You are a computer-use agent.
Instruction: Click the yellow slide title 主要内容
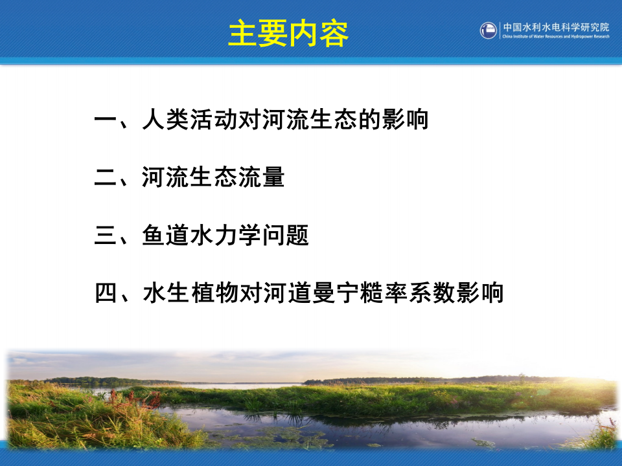pos(288,34)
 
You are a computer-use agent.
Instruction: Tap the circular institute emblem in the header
pos(489,30)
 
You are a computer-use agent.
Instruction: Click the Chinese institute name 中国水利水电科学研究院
pos(556,27)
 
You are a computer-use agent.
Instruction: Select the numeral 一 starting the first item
pos(105,120)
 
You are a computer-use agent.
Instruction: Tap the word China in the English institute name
pos(508,37)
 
